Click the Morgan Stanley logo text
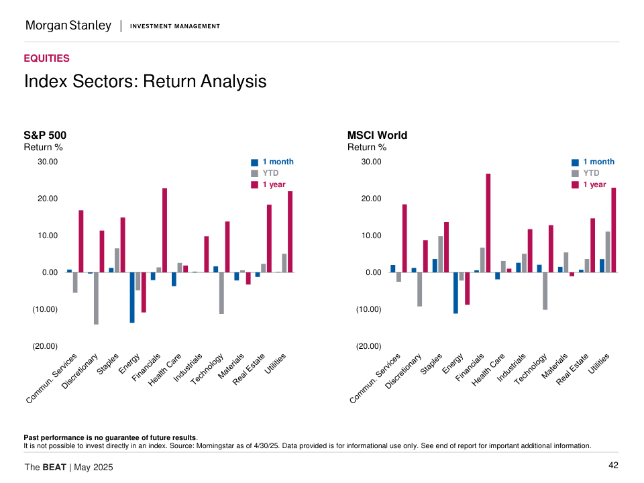tap(68, 26)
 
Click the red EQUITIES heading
tap(46, 58)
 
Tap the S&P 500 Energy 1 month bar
tap(132, 297)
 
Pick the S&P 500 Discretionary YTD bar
tap(96, 298)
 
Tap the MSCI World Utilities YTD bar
tap(608, 252)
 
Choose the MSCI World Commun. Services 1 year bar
tap(405, 238)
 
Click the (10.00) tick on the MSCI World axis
tap(368, 309)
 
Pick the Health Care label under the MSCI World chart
tap(488, 370)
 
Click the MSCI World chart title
tap(377, 136)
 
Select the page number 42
tap(613, 466)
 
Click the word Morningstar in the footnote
tap(248, 445)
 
